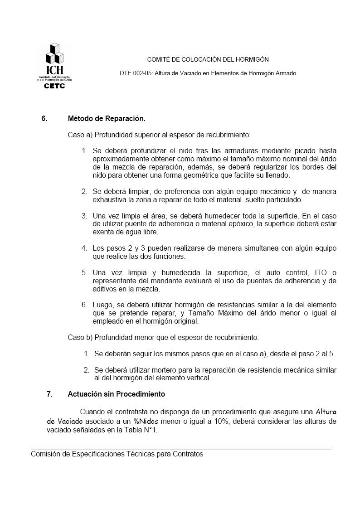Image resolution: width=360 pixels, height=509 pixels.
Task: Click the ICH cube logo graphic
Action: click(x=54, y=54)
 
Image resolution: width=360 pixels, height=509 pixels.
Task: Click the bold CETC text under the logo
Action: click(x=54, y=86)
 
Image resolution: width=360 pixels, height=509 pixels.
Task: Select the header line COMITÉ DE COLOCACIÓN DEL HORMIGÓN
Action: click(x=208, y=59)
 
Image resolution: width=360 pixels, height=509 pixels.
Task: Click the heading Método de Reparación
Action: click(x=107, y=119)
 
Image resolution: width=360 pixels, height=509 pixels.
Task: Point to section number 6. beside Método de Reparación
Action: click(x=44, y=119)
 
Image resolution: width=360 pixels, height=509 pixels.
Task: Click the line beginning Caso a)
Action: click(x=159, y=135)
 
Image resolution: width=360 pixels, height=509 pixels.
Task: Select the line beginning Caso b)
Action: click(x=163, y=337)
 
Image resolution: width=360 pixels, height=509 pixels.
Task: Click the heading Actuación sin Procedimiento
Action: click(x=117, y=394)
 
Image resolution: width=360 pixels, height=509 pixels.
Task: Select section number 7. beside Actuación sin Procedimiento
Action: click(x=49, y=394)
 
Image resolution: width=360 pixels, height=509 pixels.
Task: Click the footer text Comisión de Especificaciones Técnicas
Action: click(x=117, y=454)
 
